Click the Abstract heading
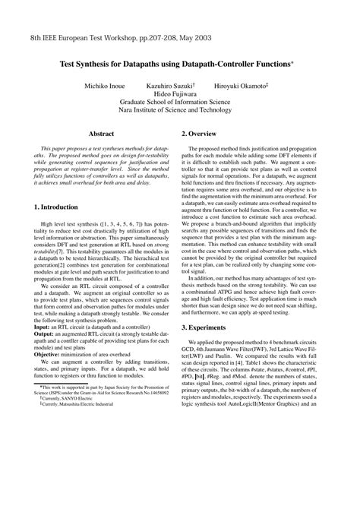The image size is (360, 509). click(x=101, y=132)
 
